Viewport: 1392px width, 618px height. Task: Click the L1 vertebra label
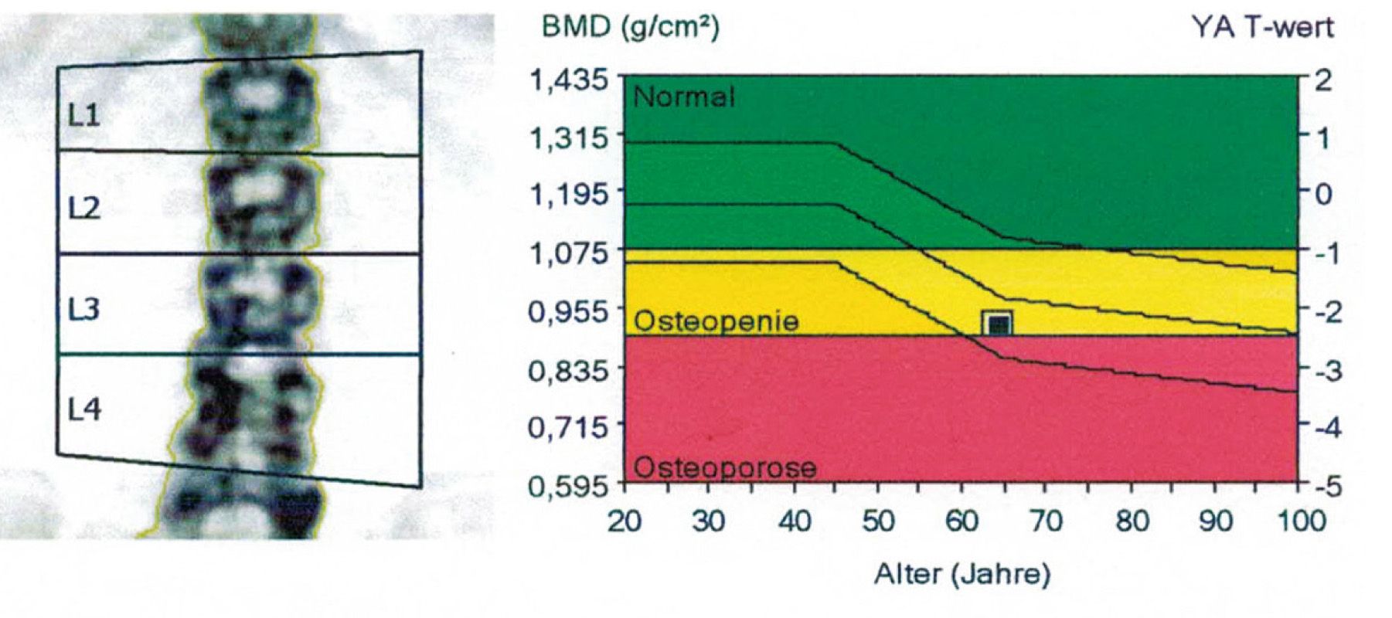[83, 116]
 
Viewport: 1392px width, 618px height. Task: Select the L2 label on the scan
[83, 209]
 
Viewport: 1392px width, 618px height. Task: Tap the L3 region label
[83, 309]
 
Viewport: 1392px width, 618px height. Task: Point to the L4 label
[83, 409]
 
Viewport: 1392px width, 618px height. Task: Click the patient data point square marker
[997, 324]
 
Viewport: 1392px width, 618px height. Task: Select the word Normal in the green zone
[683, 97]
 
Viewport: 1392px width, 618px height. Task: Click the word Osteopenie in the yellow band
[716, 321]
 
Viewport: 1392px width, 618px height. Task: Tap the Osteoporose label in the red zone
[724, 467]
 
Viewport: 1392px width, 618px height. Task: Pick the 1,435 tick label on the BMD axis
[570, 79]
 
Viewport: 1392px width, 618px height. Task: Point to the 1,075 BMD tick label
[570, 253]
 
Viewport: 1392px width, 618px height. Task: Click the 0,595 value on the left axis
[570, 486]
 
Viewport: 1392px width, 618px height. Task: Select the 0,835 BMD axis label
[570, 370]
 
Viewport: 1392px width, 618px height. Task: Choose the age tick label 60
[961, 521]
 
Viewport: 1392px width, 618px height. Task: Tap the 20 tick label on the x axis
[625, 521]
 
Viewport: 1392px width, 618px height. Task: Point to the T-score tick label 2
[1323, 79]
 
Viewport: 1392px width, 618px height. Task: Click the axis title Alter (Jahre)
[962, 574]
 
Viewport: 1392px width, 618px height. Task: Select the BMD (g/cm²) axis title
[630, 28]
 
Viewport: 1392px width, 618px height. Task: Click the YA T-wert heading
[1262, 28]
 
